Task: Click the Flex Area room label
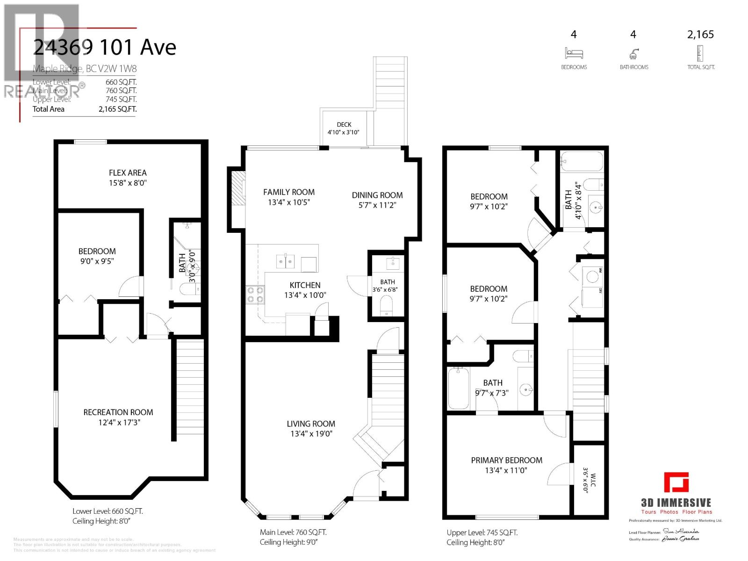(128, 173)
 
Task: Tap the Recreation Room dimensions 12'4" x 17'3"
(118, 423)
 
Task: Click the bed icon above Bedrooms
(573, 53)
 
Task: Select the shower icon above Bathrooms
(633, 54)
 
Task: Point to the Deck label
(344, 124)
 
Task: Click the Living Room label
(311, 424)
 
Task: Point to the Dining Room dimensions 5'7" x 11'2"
(377, 205)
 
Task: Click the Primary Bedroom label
(506, 460)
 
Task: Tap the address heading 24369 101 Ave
(104, 47)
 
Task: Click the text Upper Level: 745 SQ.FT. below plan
(482, 532)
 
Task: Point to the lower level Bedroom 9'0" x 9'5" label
(97, 251)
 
